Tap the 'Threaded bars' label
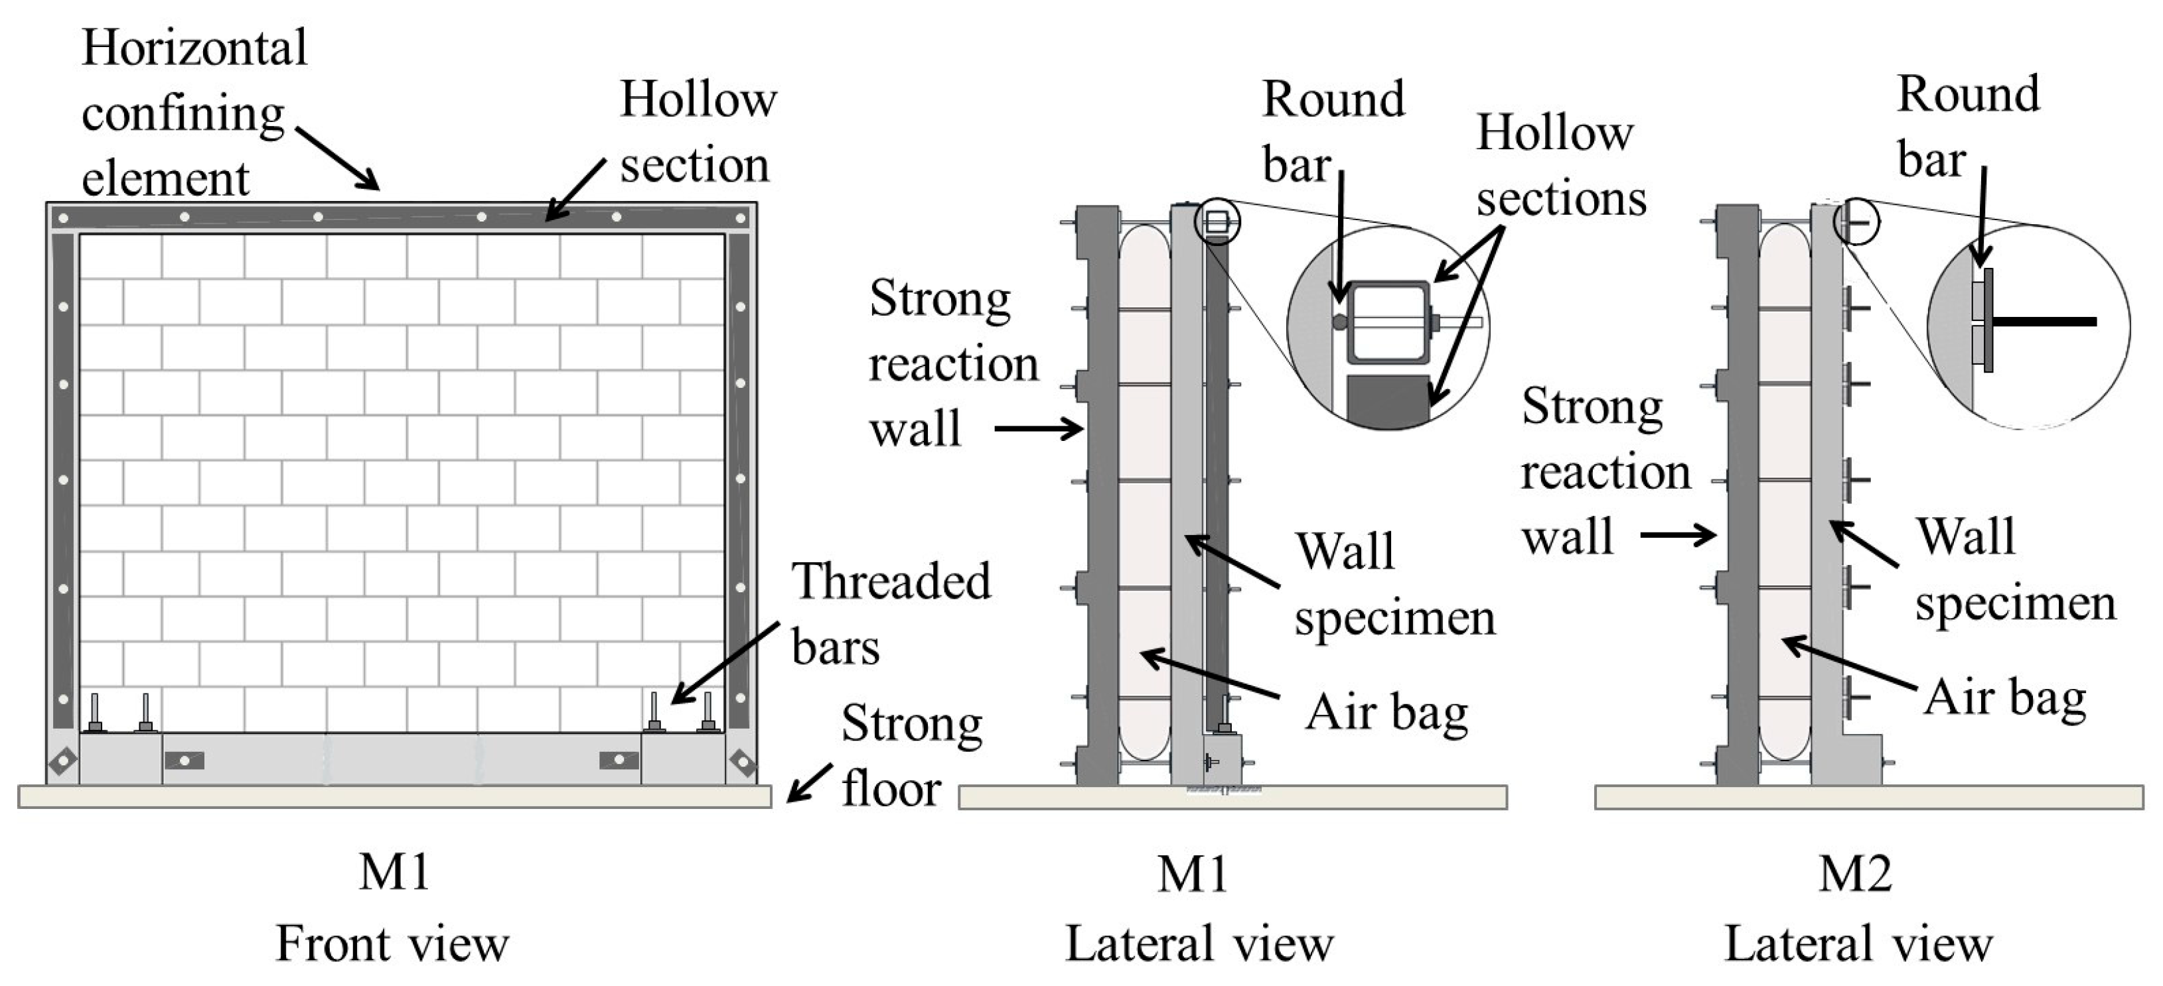coord(890,613)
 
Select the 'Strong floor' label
coord(911,755)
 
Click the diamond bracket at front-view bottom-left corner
coord(63,762)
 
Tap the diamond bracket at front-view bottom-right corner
coord(742,762)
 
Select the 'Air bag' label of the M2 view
coord(2004,698)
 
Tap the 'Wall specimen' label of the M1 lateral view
coord(1394,585)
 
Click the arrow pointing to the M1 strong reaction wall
coord(1039,430)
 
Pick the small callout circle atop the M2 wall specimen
coord(1856,222)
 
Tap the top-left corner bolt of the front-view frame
coord(63,219)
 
